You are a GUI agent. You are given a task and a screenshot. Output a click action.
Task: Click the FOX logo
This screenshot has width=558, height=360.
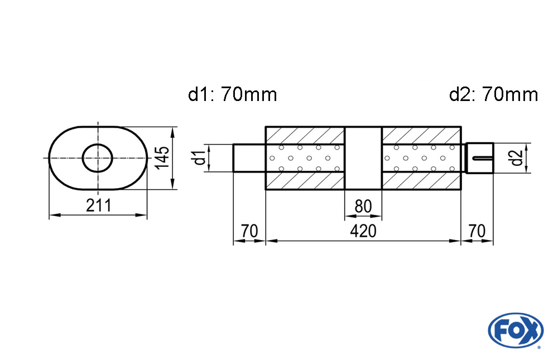pos(516,330)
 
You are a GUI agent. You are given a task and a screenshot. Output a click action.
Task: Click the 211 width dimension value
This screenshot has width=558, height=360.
pos(99,205)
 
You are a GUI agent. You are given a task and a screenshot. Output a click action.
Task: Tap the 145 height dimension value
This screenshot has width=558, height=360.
pos(163,158)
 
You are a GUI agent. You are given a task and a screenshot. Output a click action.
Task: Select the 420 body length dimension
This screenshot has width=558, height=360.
pos(363,231)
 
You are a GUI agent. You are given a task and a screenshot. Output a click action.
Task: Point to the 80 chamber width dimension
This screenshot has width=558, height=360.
pos(363,206)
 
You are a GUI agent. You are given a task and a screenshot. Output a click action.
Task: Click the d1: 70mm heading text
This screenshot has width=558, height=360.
pos(232,94)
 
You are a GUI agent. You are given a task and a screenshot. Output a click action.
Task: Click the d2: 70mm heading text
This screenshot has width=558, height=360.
pos(494,94)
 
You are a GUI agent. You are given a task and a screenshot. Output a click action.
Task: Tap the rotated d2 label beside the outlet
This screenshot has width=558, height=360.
pos(517,158)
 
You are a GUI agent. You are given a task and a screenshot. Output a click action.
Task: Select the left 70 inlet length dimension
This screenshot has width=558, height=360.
pos(249,231)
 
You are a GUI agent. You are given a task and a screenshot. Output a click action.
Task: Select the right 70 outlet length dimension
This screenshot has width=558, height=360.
pos(477,231)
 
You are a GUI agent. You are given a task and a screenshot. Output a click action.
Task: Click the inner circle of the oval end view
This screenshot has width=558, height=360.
pos(98,158)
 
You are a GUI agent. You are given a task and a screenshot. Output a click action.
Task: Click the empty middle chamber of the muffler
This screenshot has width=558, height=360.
pos(363,158)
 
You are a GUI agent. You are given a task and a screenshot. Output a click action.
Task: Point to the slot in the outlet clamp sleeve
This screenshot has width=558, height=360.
pos(482,158)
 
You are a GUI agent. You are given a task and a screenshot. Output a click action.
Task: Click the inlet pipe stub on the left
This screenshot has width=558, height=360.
pos(249,158)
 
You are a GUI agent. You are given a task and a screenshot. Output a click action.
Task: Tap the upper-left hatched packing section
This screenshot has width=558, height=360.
pos(305,135)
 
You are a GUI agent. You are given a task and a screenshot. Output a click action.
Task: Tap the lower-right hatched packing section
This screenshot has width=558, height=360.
pos(421,180)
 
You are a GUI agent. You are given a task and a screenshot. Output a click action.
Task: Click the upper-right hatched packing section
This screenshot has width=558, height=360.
pos(421,135)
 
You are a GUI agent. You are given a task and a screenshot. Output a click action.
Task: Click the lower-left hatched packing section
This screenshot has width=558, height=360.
pos(305,180)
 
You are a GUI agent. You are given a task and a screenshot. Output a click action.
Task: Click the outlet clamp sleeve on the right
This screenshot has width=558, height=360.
pos(479,158)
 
